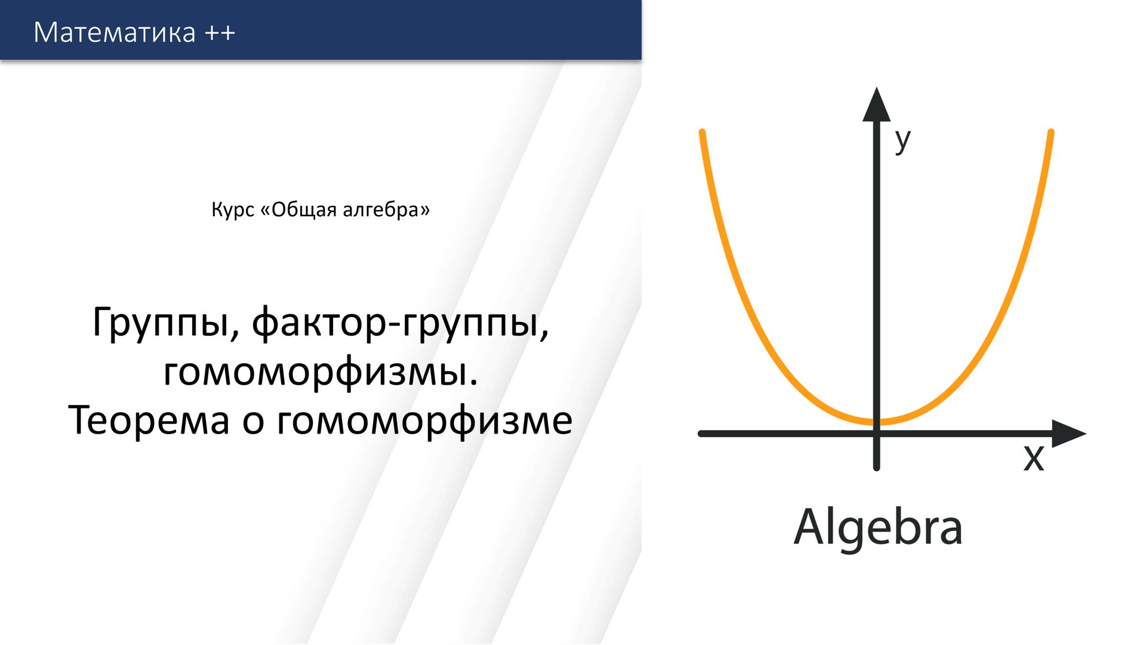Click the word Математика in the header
[x=115, y=32]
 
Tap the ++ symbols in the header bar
[x=220, y=33]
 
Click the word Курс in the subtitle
[x=233, y=210]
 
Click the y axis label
[x=902, y=141]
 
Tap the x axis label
[x=1034, y=459]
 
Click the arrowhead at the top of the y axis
[x=876, y=106]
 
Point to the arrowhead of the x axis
[x=1068, y=434]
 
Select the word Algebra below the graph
[x=877, y=528]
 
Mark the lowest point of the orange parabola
[x=876, y=423]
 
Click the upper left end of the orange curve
[x=703, y=133]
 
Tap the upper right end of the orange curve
[x=1050, y=133]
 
